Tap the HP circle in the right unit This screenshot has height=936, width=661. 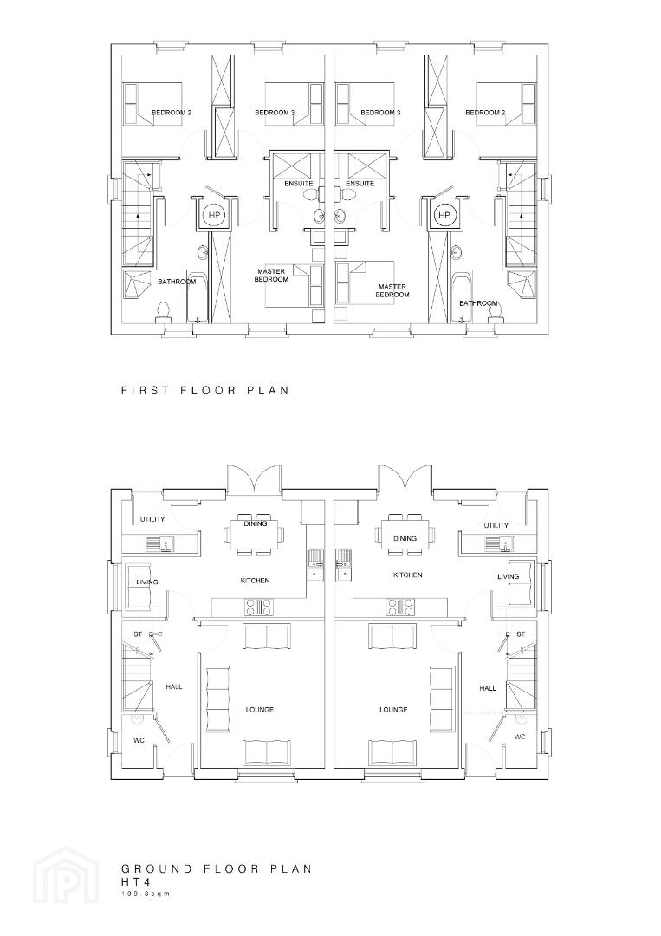point(444,215)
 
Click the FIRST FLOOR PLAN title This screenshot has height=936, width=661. point(205,390)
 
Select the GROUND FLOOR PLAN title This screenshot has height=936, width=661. point(217,868)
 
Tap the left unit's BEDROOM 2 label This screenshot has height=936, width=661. point(172,112)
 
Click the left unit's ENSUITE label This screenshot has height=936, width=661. point(299,183)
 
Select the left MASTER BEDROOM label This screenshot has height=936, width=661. point(271,276)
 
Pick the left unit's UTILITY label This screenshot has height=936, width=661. point(152,519)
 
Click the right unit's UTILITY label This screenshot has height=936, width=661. point(496,525)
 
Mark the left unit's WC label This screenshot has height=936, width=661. point(139,741)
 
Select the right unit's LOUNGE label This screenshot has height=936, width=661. point(393,710)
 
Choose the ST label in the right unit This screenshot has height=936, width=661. point(521,634)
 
